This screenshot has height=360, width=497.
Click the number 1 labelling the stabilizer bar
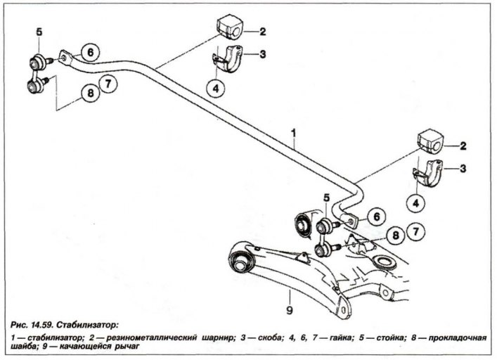pyautogui.click(x=294, y=134)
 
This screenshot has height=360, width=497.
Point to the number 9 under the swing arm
pyautogui.click(x=290, y=311)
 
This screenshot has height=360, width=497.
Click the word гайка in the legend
pyautogui.click(x=340, y=337)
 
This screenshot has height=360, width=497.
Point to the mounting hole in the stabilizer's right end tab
pyautogui.click(x=351, y=221)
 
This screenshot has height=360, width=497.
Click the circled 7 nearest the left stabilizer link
pyautogui.click(x=108, y=84)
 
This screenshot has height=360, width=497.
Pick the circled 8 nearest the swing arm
pyautogui.click(x=396, y=236)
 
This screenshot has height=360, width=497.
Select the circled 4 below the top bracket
pyautogui.click(x=216, y=88)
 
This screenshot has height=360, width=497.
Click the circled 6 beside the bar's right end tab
pyautogui.click(x=377, y=217)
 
